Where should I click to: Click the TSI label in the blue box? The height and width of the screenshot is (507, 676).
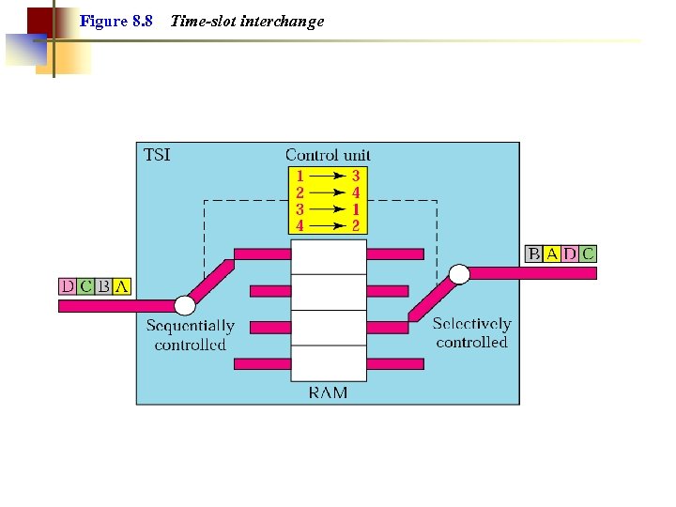click(x=157, y=155)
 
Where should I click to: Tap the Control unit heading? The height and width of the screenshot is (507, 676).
click(x=328, y=155)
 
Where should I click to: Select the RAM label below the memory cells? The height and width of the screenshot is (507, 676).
click(x=328, y=392)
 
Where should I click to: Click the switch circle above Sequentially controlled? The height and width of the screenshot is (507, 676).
click(x=185, y=305)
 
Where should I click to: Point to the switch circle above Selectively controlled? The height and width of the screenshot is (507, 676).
click(x=459, y=274)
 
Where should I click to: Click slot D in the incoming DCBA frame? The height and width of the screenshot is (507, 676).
click(x=68, y=286)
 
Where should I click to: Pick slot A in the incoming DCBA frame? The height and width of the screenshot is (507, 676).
click(x=121, y=286)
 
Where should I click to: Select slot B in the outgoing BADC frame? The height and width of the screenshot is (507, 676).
click(x=533, y=253)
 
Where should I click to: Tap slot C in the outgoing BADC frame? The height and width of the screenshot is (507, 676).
click(x=588, y=253)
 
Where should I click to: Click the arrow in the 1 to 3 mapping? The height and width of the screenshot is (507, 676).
click(x=328, y=176)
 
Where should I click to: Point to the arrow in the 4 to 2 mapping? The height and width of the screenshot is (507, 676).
click(x=328, y=225)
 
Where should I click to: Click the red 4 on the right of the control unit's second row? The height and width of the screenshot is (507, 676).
click(x=356, y=192)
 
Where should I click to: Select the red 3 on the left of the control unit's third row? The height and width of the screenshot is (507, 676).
click(x=300, y=209)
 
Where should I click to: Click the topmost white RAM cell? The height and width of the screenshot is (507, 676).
click(x=328, y=256)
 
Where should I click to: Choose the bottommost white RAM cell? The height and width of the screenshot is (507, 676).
click(x=328, y=363)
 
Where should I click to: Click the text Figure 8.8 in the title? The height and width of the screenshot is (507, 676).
click(x=116, y=21)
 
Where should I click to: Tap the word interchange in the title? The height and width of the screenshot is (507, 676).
click(x=282, y=21)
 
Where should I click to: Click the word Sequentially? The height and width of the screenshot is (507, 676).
click(x=191, y=326)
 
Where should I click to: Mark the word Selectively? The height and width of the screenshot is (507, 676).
click(x=471, y=324)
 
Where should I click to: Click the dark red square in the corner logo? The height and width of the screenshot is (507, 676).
click(x=39, y=21)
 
